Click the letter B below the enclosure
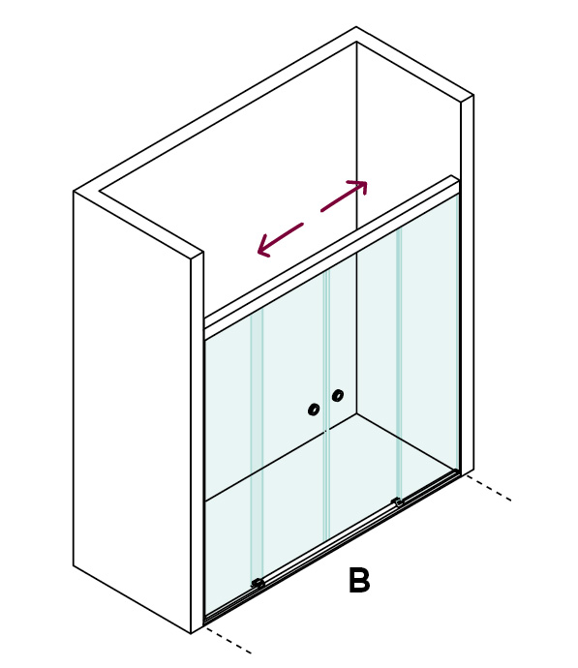point(359,580)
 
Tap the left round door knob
point(314,410)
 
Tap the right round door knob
point(338,395)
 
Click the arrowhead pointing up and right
point(360,186)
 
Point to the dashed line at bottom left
point(228,640)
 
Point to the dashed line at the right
point(488,488)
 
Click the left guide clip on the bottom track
point(258,583)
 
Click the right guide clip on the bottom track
point(397,502)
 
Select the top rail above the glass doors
point(332,253)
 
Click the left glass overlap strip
point(257,443)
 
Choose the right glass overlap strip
point(399,362)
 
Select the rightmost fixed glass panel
point(429,345)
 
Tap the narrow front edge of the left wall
point(197,443)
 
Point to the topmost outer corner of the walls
point(356,27)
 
